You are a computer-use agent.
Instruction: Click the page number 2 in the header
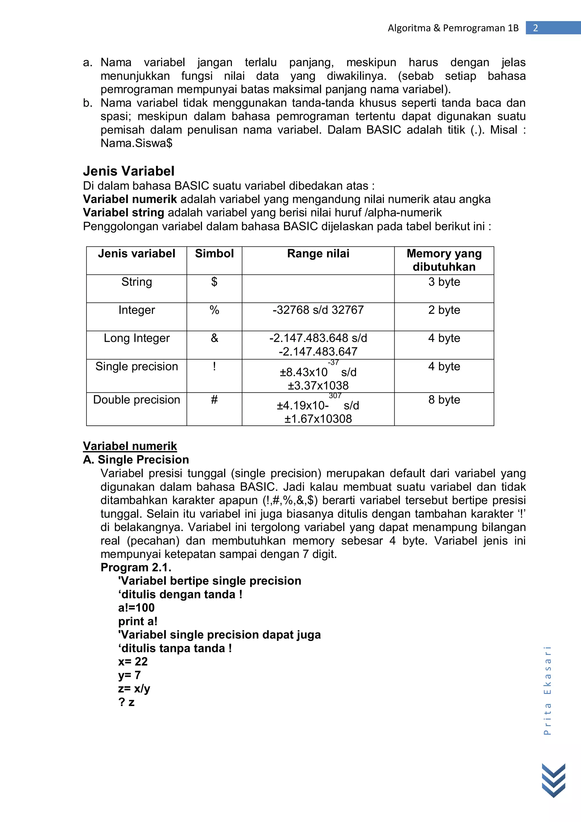pos(536,28)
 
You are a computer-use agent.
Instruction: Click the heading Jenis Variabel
pos(129,171)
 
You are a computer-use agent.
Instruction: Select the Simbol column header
pos(214,254)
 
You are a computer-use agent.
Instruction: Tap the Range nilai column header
pos(318,254)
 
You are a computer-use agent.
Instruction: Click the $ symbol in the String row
pos(214,282)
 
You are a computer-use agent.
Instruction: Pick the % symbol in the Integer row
pos(214,310)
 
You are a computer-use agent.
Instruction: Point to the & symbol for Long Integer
pos(214,338)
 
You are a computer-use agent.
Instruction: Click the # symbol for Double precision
pos(214,400)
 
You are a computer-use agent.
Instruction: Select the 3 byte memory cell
pos(444,282)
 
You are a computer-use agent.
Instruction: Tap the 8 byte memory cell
pos(444,400)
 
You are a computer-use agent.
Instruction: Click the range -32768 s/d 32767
pos(318,310)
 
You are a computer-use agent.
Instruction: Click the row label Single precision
pos(136,366)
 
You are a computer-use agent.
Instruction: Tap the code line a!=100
pos(136,608)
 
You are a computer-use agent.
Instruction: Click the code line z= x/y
pos(134,688)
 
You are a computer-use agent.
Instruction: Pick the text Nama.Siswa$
pos(136,143)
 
